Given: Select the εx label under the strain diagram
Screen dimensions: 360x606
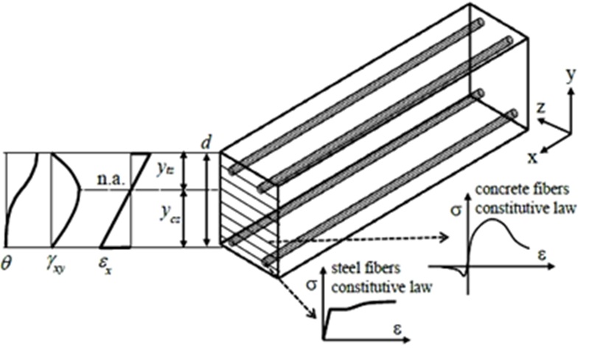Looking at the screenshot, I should (108, 262).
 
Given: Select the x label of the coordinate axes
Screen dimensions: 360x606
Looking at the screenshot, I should (532, 156).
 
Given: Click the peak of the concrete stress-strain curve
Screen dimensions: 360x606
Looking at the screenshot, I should (489, 224).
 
